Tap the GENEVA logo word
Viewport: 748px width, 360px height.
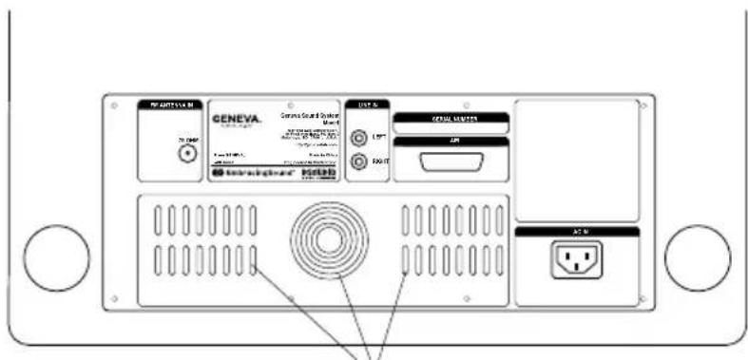tap(233, 120)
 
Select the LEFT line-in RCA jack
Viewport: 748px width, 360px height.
tap(358, 138)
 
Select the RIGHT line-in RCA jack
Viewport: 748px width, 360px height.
tap(358, 161)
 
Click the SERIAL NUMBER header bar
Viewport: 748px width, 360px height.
tap(451, 118)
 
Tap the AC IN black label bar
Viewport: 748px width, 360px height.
tap(577, 231)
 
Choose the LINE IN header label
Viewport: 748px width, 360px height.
tap(366, 104)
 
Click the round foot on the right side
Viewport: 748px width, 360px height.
tap(697, 258)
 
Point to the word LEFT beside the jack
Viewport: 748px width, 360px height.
tap(378, 138)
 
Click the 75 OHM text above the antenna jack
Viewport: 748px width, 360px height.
tap(186, 139)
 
